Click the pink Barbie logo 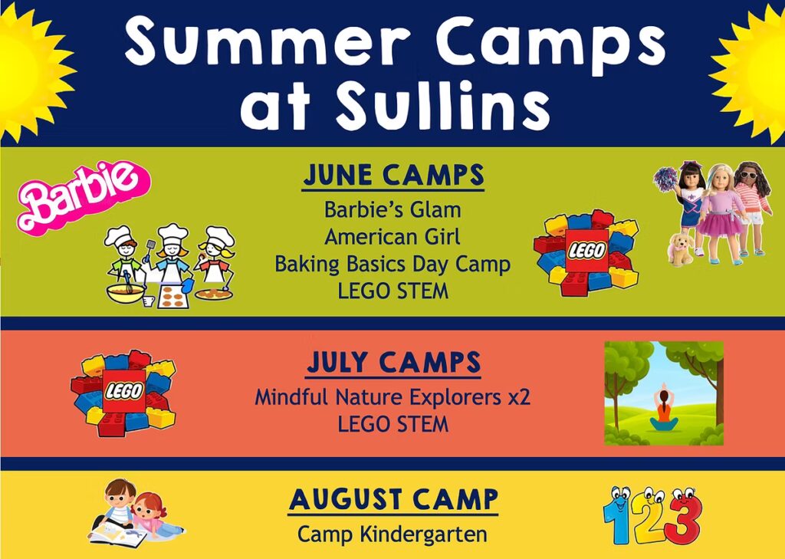(x=84, y=197)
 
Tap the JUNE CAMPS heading (x=393, y=176)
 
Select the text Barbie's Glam (x=392, y=209)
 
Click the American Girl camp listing (x=392, y=236)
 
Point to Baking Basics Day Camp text (x=392, y=264)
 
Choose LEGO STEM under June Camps (x=393, y=291)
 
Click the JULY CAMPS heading (x=393, y=363)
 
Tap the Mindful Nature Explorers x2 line (x=392, y=398)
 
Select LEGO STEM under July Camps (x=393, y=424)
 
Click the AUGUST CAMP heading (x=393, y=500)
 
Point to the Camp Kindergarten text (x=392, y=534)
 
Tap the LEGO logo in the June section (x=586, y=253)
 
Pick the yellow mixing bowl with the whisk (x=126, y=293)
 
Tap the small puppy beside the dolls (x=681, y=248)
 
